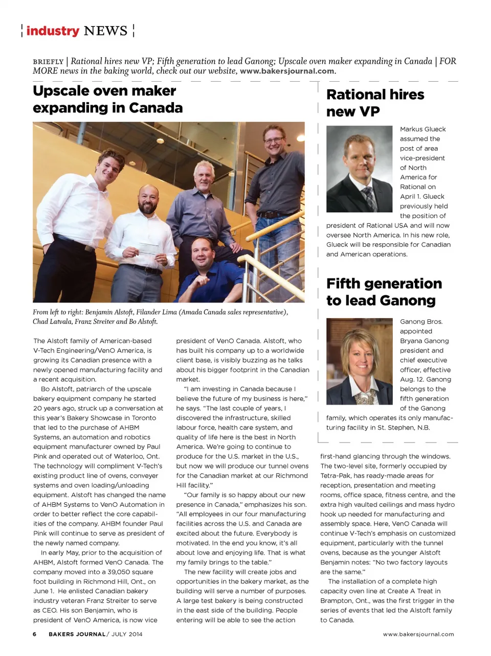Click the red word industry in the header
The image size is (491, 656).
pos(53,31)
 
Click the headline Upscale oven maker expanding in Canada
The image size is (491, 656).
pos(107,99)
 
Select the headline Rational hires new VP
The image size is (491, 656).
pos(375,103)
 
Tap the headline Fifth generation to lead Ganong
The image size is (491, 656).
pos(384,292)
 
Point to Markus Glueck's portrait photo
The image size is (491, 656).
pos(360,169)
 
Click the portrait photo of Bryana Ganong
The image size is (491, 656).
pos(360,361)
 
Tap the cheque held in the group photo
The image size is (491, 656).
pos(149,249)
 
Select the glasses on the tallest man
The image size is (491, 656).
pos(273,139)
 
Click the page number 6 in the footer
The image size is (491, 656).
pos(35,634)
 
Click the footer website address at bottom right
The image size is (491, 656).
pos(418,634)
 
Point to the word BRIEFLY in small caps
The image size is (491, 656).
pos(48,62)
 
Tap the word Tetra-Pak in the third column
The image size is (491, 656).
pos(335,476)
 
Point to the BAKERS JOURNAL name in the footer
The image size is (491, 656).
pos(77,634)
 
